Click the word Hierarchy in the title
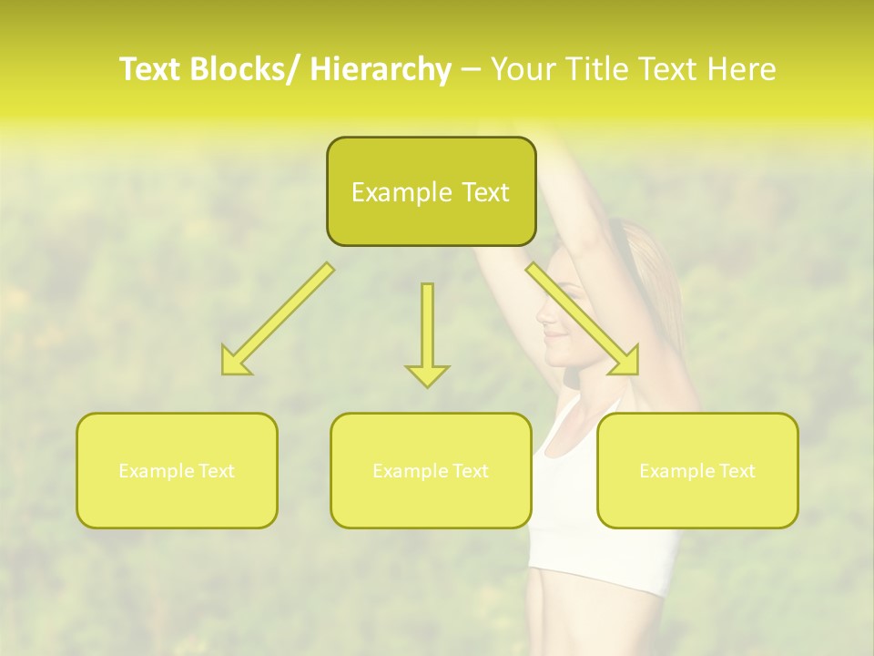click(381, 69)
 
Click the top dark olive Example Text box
click(431, 191)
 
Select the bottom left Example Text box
click(177, 470)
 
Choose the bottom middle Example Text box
click(431, 470)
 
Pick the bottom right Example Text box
click(697, 470)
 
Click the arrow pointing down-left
click(279, 318)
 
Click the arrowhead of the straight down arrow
click(427, 374)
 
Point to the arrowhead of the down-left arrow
click(235, 363)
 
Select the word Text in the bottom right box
click(737, 471)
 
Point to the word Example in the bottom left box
click(156, 471)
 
